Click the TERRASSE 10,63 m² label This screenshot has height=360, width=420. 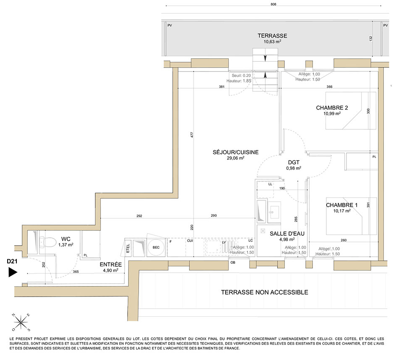pos(273,38)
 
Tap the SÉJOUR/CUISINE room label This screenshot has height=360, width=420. pos(236,155)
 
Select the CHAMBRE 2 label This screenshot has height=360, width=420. pos(332,110)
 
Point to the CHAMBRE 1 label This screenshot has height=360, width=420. pos(341,208)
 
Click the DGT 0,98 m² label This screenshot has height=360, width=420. pos(294,165)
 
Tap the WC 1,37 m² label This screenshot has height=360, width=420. pos(66,242)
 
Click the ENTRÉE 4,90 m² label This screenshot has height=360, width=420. pos(110,267)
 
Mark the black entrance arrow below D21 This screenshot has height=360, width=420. pos(13,272)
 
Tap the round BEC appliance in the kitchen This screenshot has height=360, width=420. pos(156,247)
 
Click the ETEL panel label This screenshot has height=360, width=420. pos(128,248)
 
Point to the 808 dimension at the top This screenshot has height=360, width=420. pos(273,4)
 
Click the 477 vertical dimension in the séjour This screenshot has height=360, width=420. pos(192,135)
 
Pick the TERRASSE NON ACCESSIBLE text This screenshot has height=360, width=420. pos(265,292)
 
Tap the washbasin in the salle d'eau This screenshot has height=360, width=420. pos(274,212)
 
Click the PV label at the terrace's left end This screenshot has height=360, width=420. pos(170,26)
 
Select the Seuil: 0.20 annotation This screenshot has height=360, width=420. pos(241,76)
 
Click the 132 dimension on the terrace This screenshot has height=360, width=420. pos(371,39)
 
